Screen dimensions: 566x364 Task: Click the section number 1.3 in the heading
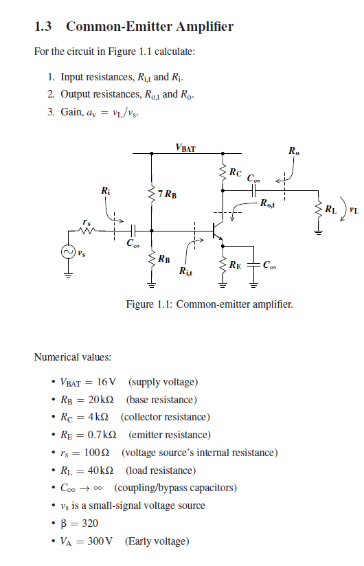click(43, 27)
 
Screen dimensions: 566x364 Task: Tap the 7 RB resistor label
click(166, 194)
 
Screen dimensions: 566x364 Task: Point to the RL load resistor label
click(331, 208)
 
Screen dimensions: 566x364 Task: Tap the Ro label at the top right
click(294, 150)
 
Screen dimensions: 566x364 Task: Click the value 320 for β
click(89, 523)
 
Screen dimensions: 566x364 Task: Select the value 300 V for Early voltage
click(100, 541)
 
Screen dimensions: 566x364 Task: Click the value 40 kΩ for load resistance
click(103, 471)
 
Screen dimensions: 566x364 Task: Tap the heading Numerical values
click(72, 357)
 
